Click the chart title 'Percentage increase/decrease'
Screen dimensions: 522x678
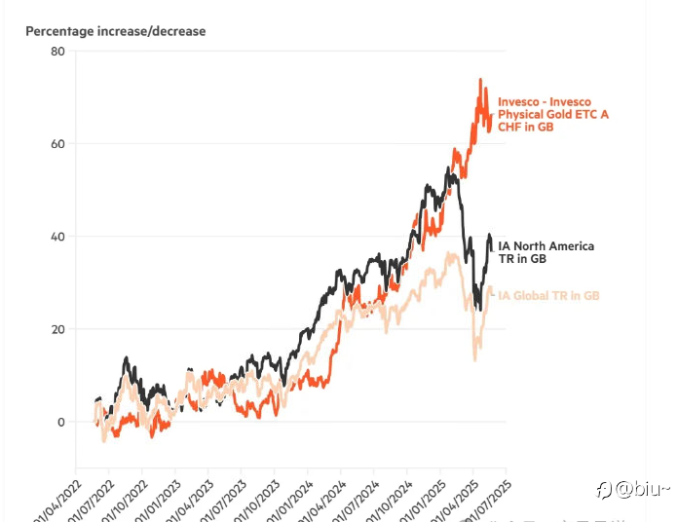(115, 31)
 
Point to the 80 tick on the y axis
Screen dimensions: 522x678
(57, 51)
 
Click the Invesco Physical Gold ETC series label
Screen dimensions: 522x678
(552, 114)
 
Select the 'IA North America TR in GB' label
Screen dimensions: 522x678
(546, 253)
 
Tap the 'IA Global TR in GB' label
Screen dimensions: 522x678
(548, 295)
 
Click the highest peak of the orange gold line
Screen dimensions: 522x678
(481, 80)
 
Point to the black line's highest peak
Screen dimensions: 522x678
(447, 169)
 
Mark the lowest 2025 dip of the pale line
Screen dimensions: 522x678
(474, 360)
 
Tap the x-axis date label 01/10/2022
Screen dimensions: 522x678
(129, 497)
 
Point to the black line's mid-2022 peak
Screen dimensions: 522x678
(126, 358)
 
